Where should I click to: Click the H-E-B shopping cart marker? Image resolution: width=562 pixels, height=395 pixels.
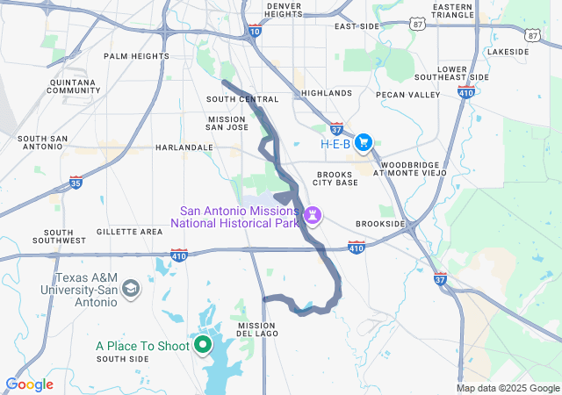[x=364, y=143]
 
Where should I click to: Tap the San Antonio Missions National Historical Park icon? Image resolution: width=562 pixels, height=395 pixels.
[x=313, y=215]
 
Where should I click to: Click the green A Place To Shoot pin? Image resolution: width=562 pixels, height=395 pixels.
[x=203, y=345]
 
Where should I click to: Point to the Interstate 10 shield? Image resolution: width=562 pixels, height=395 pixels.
[x=254, y=32]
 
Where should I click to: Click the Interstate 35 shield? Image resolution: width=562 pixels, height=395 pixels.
[x=76, y=183]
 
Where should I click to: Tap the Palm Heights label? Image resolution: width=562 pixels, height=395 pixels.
[x=136, y=56]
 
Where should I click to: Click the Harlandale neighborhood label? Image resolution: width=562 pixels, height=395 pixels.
[x=184, y=147]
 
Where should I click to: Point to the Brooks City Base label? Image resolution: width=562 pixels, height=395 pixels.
[x=336, y=178]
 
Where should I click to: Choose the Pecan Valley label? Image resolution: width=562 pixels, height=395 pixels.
[x=407, y=94]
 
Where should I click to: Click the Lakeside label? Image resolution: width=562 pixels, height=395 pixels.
[x=508, y=52]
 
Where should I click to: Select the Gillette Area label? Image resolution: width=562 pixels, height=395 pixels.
[x=130, y=232]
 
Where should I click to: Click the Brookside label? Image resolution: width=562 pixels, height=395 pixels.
[x=380, y=224]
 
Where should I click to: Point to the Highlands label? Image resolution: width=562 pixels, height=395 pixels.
[x=326, y=92]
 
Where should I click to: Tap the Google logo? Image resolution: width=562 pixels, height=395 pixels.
[x=29, y=384]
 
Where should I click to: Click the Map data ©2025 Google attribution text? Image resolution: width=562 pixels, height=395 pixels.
[x=507, y=388]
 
